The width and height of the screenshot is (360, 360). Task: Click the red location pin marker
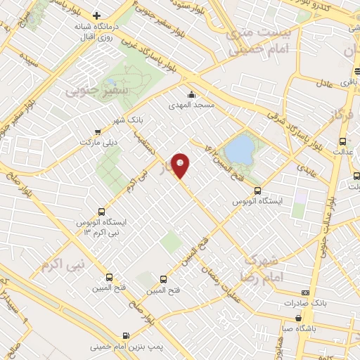[x=181, y=165]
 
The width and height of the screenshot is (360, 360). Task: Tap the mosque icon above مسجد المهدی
[x=191, y=95]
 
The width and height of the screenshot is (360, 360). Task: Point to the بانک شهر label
[x=129, y=120]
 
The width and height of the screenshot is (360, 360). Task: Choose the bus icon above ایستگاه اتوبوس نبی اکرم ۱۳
[x=102, y=212]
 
